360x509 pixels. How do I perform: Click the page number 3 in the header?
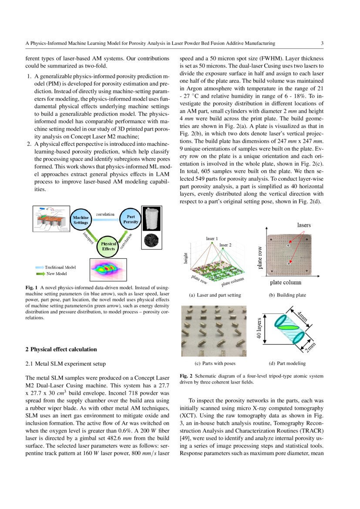[x=322, y=43]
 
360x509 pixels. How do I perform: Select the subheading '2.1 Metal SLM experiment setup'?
[x=65, y=363]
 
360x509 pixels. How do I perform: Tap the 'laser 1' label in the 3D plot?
[x=212, y=239]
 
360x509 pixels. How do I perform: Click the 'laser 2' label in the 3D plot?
[x=225, y=245]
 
